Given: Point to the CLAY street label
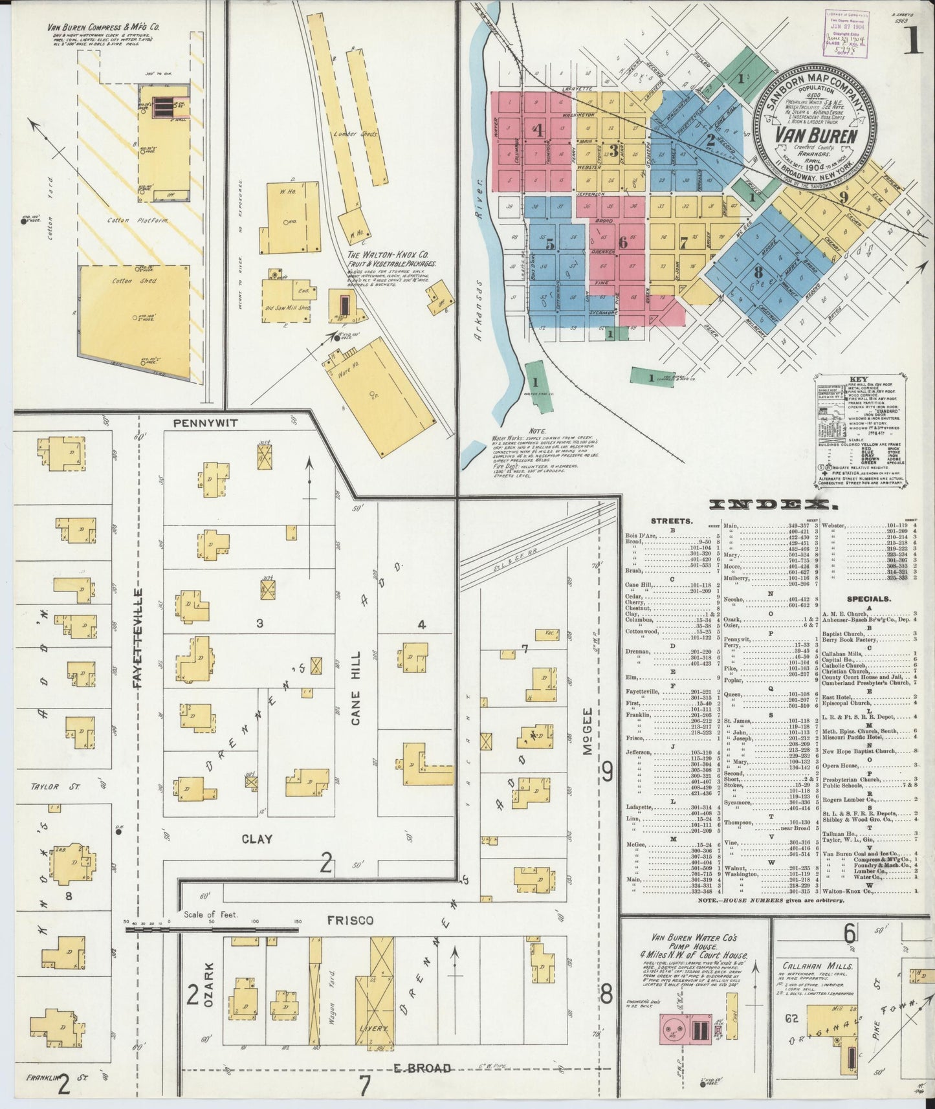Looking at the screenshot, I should coord(257,839).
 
